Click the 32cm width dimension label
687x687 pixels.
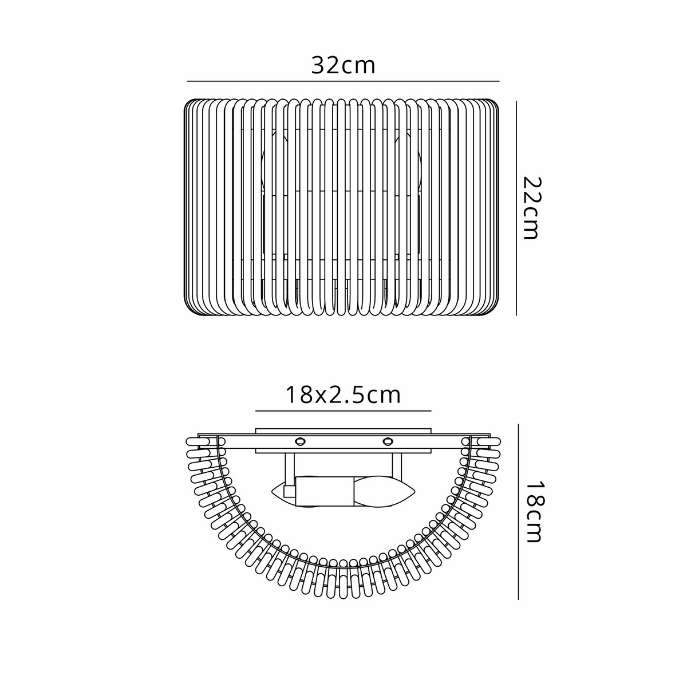tap(343, 65)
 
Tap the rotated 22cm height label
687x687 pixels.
tap(531, 208)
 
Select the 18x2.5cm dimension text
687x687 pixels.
tap(343, 395)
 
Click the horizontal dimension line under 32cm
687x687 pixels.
tap(343, 81)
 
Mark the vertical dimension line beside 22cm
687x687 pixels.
tap(516, 208)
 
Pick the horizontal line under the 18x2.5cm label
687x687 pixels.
tap(343, 410)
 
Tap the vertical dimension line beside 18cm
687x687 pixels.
tap(518, 512)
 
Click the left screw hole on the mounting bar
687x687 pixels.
tap(300, 442)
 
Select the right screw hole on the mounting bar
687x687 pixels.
tap(388, 442)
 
